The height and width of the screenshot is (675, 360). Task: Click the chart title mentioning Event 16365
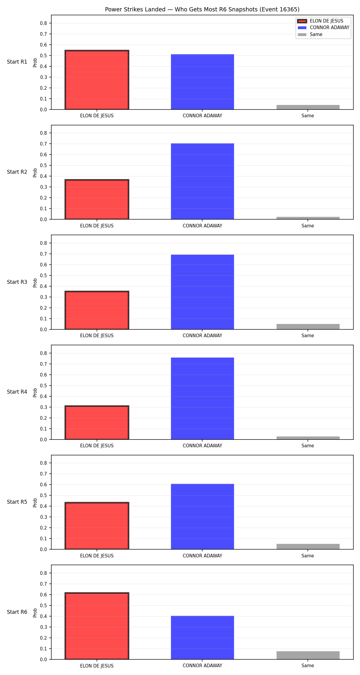[202, 9]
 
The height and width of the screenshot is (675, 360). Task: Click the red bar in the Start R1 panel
[97, 80]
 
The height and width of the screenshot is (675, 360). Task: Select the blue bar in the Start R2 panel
[202, 181]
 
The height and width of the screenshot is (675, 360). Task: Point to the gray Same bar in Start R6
[308, 655]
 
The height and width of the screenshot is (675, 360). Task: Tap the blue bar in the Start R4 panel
[202, 398]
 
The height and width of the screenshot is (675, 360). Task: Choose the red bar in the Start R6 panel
[97, 626]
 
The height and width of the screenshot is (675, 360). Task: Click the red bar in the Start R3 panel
[97, 310]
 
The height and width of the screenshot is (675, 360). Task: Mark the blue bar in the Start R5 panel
[202, 517]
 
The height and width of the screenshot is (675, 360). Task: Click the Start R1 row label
[17, 62]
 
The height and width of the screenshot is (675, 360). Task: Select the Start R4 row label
[17, 392]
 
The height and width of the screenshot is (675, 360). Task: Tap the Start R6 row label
[17, 612]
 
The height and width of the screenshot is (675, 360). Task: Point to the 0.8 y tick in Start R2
[43, 133]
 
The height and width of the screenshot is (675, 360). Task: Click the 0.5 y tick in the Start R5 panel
[43, 495]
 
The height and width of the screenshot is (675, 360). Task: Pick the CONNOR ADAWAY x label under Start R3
[202, 336]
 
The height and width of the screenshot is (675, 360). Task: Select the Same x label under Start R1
[308, 116]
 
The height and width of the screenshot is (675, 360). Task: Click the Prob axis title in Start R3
[35, 283]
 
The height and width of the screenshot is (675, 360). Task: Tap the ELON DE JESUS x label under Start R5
[97, 556]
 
